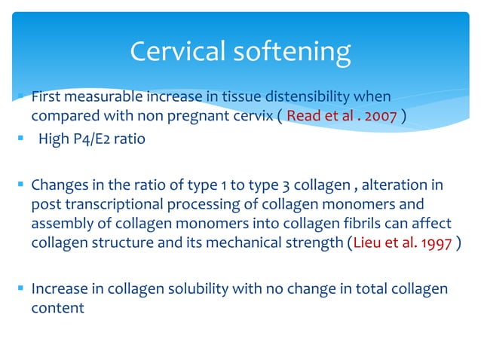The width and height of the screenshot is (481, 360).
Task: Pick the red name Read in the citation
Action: [303, 117]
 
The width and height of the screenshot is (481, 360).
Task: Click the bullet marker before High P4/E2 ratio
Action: [21, 140]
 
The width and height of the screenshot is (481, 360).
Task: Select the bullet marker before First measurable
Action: [21, 97]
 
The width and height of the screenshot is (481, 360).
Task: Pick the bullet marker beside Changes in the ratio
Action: [21, 185]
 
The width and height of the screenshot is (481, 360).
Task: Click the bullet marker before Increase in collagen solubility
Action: [21, 288]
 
